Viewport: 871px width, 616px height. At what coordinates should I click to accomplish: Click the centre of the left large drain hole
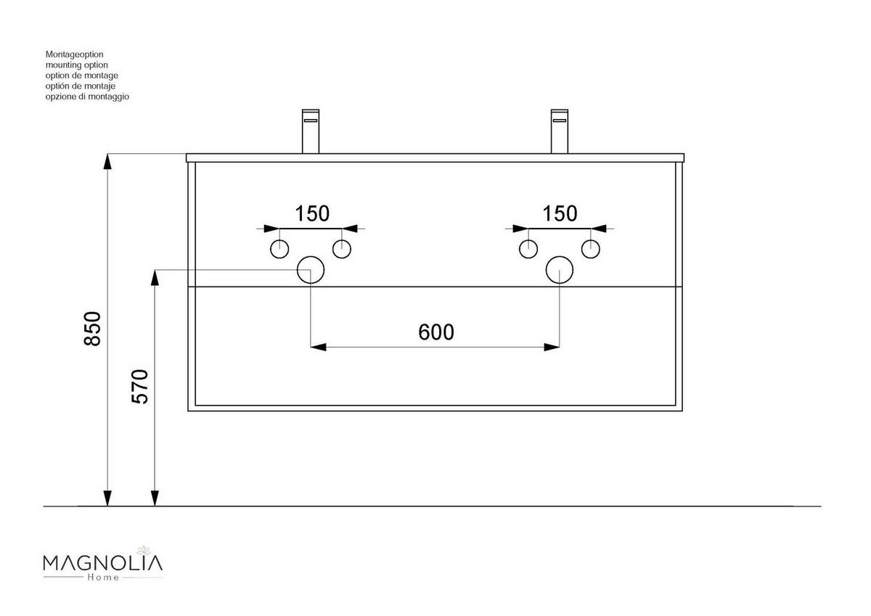pos(311,270)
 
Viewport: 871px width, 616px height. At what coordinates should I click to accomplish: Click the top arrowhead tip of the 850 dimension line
pos(107,154)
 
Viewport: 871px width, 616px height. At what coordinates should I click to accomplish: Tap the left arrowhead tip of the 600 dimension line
pos(311,347)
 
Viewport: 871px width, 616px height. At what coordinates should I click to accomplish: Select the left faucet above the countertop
pos(311,131)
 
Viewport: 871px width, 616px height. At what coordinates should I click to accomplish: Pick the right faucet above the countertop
pos(560,131)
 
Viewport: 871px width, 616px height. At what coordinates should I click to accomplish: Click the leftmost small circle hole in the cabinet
pos(279,249)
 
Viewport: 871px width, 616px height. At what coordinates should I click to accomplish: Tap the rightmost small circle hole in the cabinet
pos(591,249)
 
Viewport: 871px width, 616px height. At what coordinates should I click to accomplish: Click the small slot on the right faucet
pos(560,120)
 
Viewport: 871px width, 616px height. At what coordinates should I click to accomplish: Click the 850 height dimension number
pos(93,329)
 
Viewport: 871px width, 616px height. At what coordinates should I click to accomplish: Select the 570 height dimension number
pos(139,387)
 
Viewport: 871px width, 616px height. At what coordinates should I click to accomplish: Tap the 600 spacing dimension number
pos(436,332)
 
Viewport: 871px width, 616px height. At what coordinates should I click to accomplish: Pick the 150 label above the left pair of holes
pos(312,214)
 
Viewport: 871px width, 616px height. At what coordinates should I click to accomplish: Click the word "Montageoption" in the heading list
pos(74,54)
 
